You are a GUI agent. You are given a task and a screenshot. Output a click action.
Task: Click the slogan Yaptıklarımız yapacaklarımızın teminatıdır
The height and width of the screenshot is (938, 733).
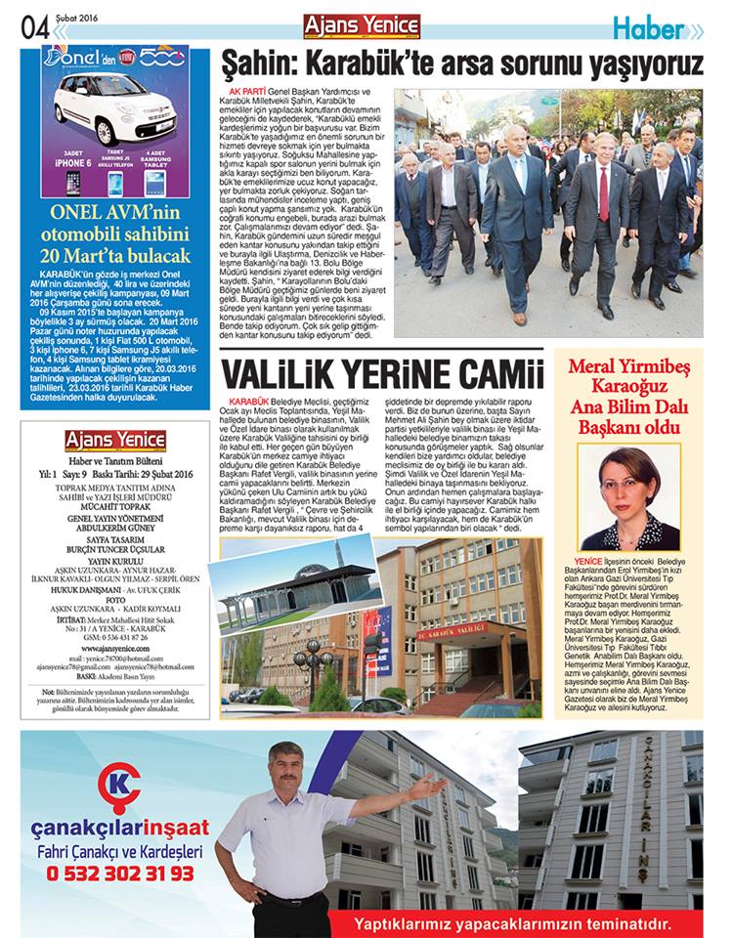click(x=512, y=922)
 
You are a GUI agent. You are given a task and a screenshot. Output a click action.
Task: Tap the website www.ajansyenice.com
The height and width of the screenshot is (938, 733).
click(x=115, y=648)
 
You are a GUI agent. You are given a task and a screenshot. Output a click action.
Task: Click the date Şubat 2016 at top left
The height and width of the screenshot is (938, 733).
click(x=79, y=17)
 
